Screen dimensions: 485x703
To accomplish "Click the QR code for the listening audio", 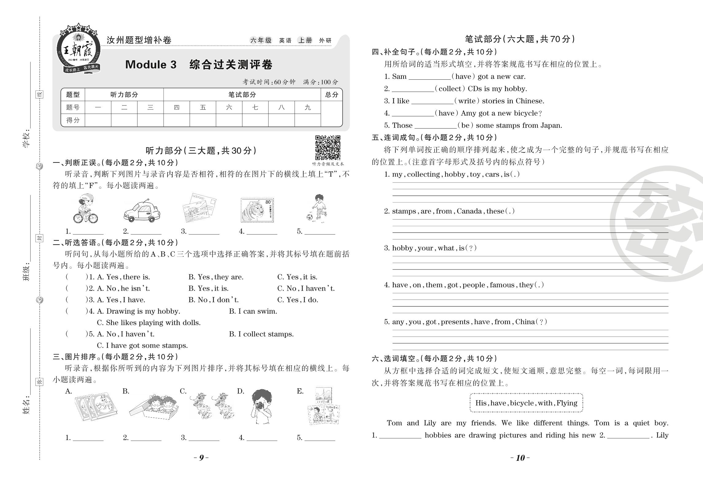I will (x=328, y=147).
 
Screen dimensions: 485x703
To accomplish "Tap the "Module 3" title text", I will (x=151, y=65).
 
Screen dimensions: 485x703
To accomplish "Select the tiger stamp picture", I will (x=257, y=210).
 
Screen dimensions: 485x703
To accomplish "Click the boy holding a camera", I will (x=261, y=406).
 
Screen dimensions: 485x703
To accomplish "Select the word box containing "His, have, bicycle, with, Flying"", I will (x=526, y=403).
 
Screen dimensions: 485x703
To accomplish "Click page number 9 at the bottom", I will (x=201, y=458).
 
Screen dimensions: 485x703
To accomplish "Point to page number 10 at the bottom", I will (x=520, y=458).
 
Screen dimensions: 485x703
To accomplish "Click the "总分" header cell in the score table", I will (x=331, y=95).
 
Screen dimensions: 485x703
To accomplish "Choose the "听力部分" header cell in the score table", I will (x=124, y=95).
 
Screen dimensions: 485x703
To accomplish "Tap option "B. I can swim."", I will (x=253, y=311).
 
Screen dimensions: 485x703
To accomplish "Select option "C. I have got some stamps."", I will (x=142, y=346).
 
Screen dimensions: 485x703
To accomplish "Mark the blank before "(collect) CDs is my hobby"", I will (x=413, y=89).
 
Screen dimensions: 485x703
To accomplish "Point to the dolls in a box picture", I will (x=154, y=407).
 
